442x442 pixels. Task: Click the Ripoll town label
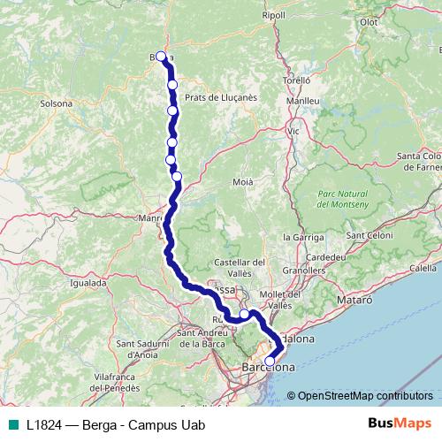274,15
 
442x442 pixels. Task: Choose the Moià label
243,181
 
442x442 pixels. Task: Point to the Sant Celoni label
369,236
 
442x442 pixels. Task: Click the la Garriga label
301,238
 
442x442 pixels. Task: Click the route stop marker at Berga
162,57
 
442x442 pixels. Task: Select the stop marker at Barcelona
270,361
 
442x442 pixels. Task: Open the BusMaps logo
394,422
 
